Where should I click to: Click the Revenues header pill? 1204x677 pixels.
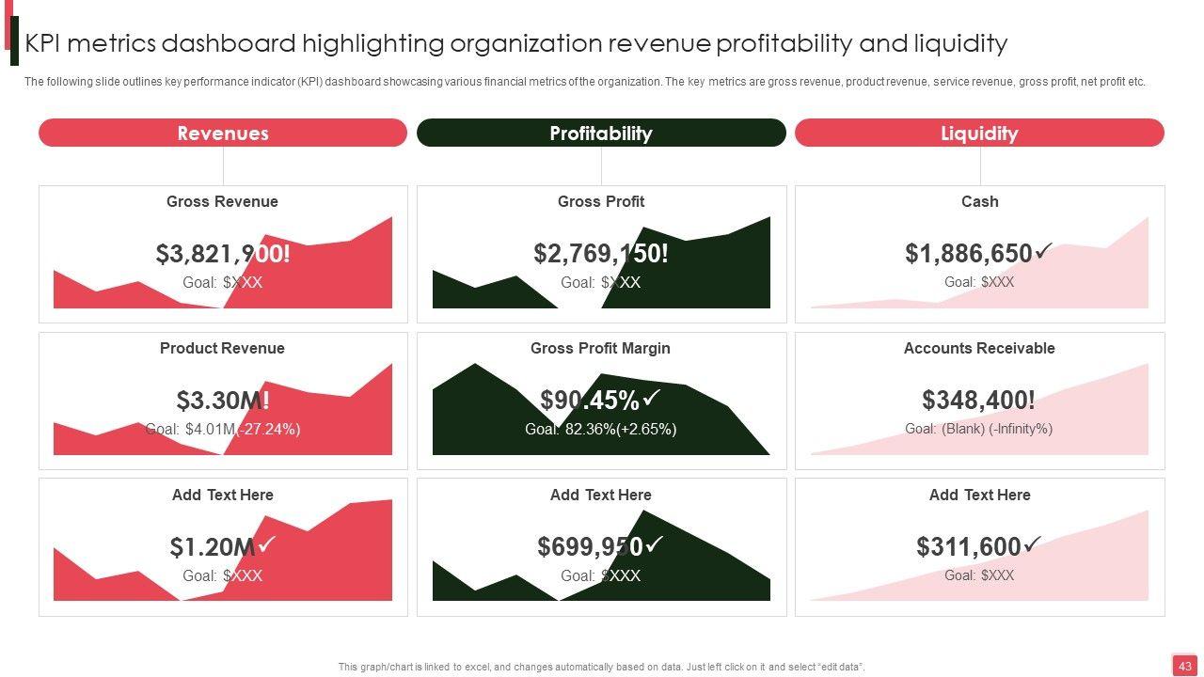coord(223,133)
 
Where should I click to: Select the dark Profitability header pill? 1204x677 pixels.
coord(601,133)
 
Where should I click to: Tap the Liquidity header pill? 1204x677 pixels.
coord(979,133)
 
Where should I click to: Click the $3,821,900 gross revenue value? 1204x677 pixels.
coord(223,254)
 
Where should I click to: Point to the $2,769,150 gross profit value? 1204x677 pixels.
coord(600,254)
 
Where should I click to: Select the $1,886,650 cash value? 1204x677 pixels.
coord(969,254)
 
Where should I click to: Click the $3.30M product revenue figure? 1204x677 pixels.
coord(223,401)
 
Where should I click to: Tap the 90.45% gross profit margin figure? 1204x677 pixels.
coord(590,401)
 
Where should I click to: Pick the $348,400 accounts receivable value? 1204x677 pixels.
coord(978,401)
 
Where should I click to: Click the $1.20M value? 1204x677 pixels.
coord(213,547)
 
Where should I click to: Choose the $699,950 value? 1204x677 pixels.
coord(590,547)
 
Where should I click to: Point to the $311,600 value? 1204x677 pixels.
coord(969,547)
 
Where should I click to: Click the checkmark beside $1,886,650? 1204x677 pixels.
coord(1043,251)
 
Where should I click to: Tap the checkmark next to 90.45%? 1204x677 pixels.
coord(652,398)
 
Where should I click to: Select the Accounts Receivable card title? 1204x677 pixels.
coord(979,348)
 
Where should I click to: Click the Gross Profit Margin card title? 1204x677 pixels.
coord(600,348)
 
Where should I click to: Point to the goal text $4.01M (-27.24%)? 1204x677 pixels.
coord(223,429)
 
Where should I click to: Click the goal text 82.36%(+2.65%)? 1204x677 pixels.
coord(600,429)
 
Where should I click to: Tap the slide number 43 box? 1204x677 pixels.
coord(1184,666)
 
